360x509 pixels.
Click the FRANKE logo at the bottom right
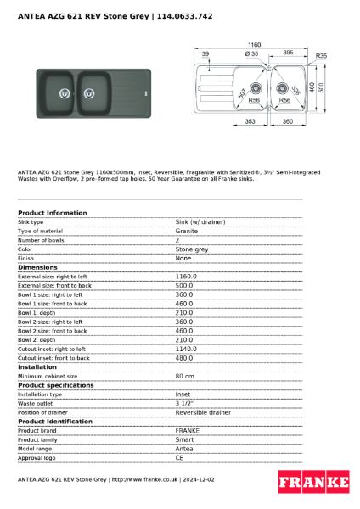(314, 483)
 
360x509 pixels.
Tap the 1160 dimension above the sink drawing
(254, 43)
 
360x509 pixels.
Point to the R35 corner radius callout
(321, 56)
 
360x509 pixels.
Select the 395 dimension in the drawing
(288, 53)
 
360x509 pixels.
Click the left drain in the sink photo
(64, 93)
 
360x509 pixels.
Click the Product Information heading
(52, 213)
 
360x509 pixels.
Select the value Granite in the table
(187, 231)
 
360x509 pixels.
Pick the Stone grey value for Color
(191, 249)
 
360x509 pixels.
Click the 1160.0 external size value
(186, 277)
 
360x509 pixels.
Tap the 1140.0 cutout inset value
(186, 349)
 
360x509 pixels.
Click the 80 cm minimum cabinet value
(184, 376)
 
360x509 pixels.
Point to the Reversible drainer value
(203, 412)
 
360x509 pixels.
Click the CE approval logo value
(180, 457)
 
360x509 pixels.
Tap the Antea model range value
(184, 448)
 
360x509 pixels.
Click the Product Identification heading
(55, 422)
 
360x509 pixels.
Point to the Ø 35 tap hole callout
(251, 53)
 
